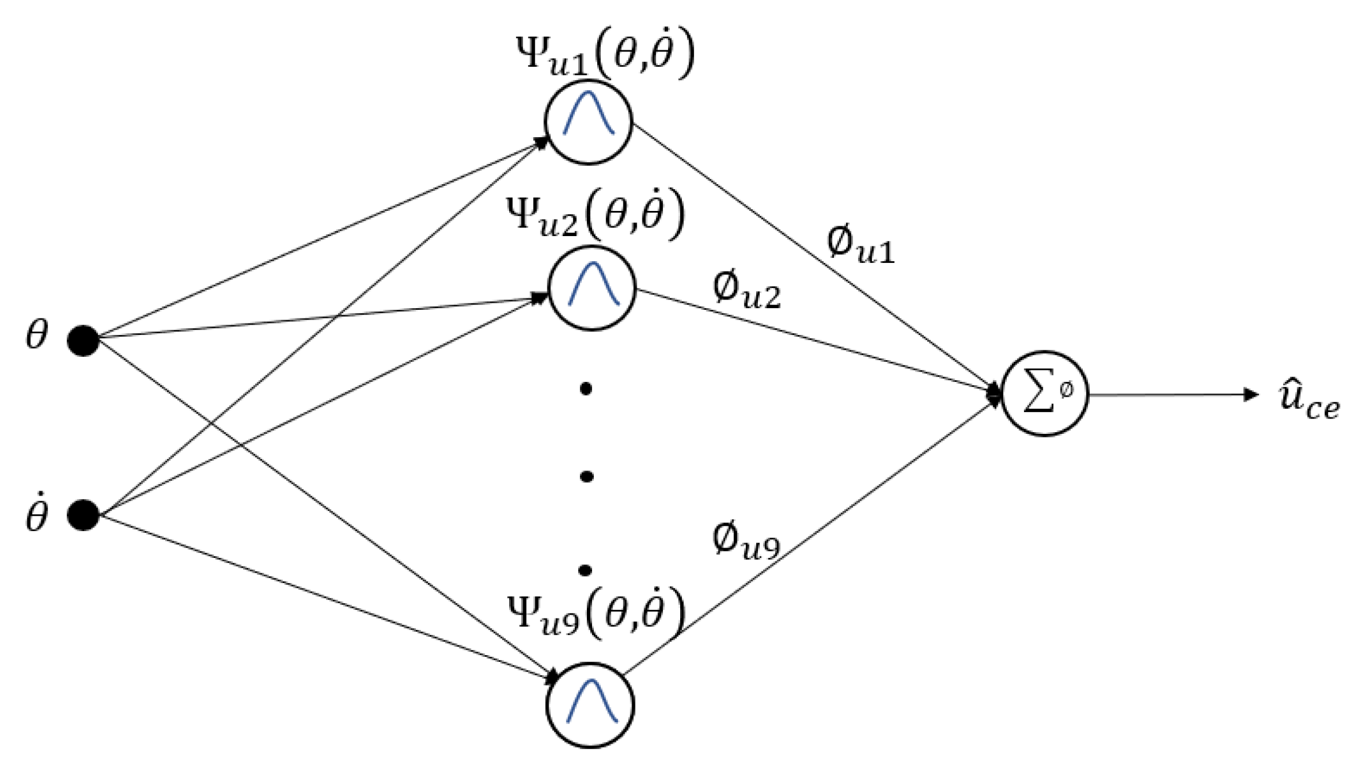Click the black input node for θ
(84, 341)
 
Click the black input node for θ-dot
(84, 514)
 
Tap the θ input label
(37, 336)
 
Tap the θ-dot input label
(37, 514)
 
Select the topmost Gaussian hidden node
(589, 121)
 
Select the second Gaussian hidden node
(592, 288)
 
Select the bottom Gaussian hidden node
(591, 704)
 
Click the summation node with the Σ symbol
(1045, 394)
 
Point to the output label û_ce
(1308, 403)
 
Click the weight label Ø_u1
(860, 245)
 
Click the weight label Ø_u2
(746, 291)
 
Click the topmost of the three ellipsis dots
(585, 389)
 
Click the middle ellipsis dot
(586, 476)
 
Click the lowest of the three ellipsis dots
(585, 570)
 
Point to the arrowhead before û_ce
(1251, 394)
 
